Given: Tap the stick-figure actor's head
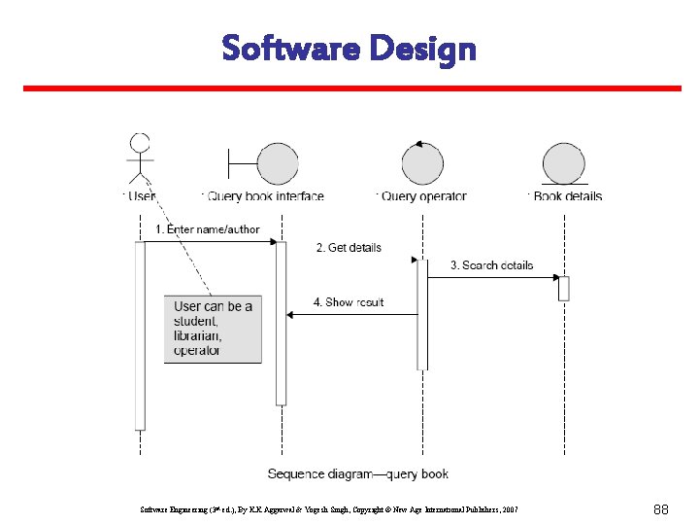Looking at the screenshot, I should click(x=141, y=144).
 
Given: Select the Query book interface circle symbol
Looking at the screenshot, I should click(x=278, y=163).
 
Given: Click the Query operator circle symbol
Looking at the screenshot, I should click(x=421, y=162).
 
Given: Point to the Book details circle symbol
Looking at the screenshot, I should click(x=563, y=162).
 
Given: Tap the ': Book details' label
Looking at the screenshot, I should click(x=565, y=196).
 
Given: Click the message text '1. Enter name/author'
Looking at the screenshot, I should click(x=208, y=229).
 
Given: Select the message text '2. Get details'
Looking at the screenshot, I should click(x=349, y=248).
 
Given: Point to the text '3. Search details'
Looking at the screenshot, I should click(x=491, y=265).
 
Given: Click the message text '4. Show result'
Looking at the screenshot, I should click(x=349, y=302).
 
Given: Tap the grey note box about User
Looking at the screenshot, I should click(x=213, y=328).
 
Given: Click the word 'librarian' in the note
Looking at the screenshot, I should click(x=198, y=335).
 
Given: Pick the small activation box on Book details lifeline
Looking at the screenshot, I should click(x=563, y=289).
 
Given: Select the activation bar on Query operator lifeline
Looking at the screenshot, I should click(x=422, y=314).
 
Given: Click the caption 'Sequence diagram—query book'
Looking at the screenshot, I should click(x=358, y=474).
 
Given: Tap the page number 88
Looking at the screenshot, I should click(x=662, y=508).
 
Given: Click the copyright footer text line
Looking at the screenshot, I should click(x=329, y=508).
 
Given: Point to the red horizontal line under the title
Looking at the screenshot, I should click(x=351, y=88).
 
